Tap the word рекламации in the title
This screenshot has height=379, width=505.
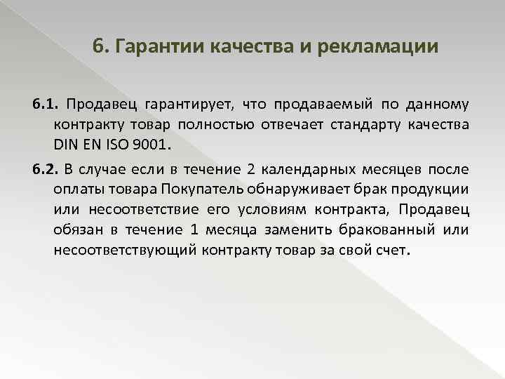[377, 47]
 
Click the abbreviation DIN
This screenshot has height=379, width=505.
[67, 147]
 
